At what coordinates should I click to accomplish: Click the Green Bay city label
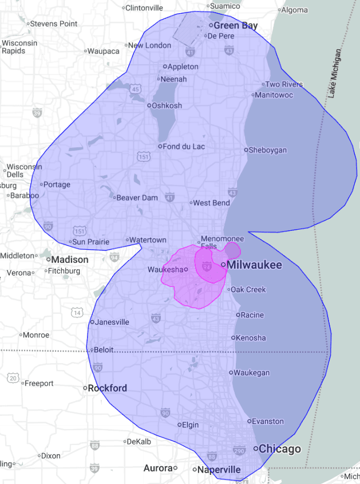235,26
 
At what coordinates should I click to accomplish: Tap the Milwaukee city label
255,265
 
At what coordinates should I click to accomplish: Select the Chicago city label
279,448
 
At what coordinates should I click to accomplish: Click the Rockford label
107,388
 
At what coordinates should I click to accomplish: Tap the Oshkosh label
167,105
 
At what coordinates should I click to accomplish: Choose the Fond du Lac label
184,146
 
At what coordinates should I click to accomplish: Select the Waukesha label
165,269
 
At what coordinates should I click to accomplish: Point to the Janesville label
112,322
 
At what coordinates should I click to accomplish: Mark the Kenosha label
251,338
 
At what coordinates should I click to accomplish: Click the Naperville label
219,470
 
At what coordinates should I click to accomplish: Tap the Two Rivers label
284,84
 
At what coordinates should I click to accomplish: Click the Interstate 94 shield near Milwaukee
207,266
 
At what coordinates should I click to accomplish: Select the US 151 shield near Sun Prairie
80,231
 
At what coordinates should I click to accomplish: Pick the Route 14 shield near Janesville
77,312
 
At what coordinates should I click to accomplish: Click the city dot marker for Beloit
91,350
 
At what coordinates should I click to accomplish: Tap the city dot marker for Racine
238,314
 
